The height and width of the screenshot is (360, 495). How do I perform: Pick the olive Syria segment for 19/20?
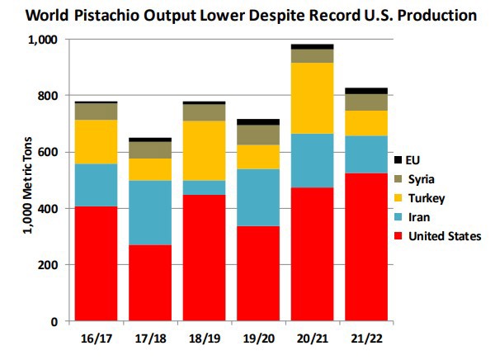coord(257,135)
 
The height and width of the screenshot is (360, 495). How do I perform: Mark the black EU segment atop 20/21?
coord(311,46)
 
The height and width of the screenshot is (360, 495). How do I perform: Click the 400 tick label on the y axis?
coord(49,209)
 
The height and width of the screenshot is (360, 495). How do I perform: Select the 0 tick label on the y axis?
coord(54,321)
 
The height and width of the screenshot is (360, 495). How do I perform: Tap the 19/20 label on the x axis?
coord(257,339)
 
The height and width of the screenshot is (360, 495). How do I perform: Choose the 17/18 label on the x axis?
coord(149,339)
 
